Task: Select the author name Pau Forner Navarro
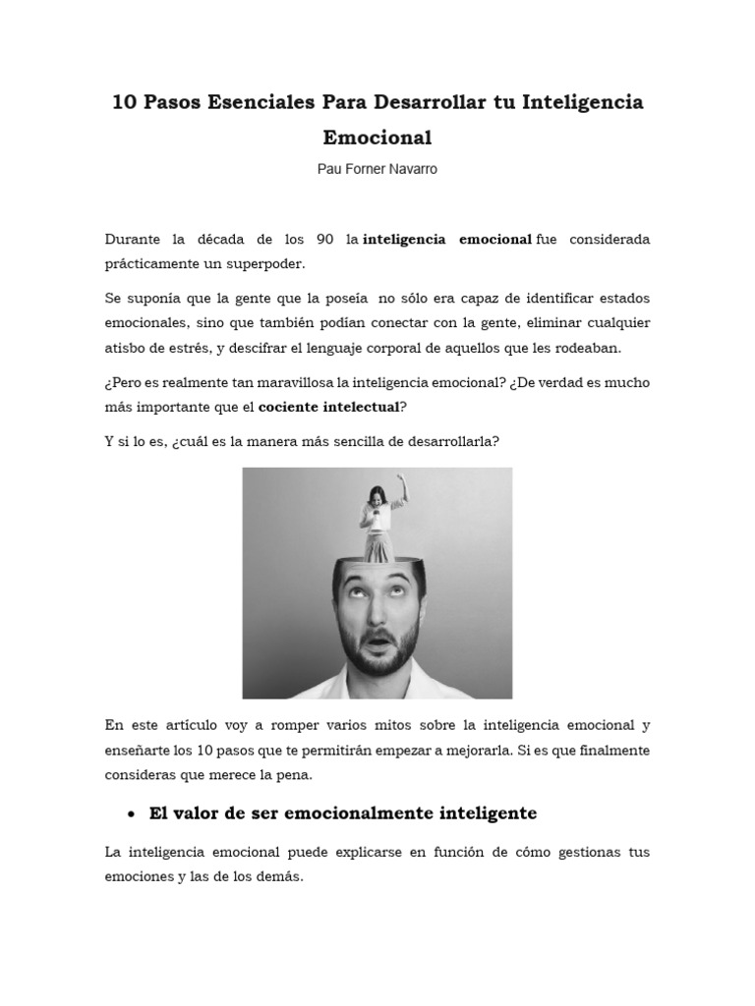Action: [x=377, y=169]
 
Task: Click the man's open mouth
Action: [x=378, y=643]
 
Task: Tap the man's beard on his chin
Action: [x=379, y=666]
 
